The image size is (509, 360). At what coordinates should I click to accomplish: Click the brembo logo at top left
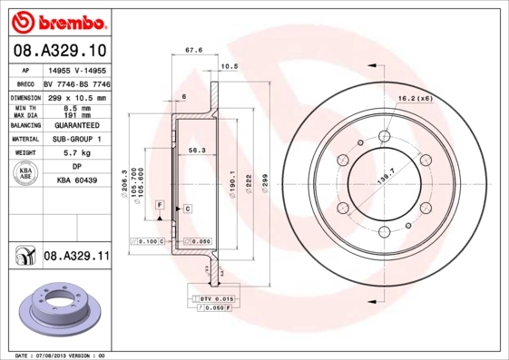(56, 21)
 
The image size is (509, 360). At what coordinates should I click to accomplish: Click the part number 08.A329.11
(75, 258)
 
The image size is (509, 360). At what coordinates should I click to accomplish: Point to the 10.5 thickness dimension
(229, 67)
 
